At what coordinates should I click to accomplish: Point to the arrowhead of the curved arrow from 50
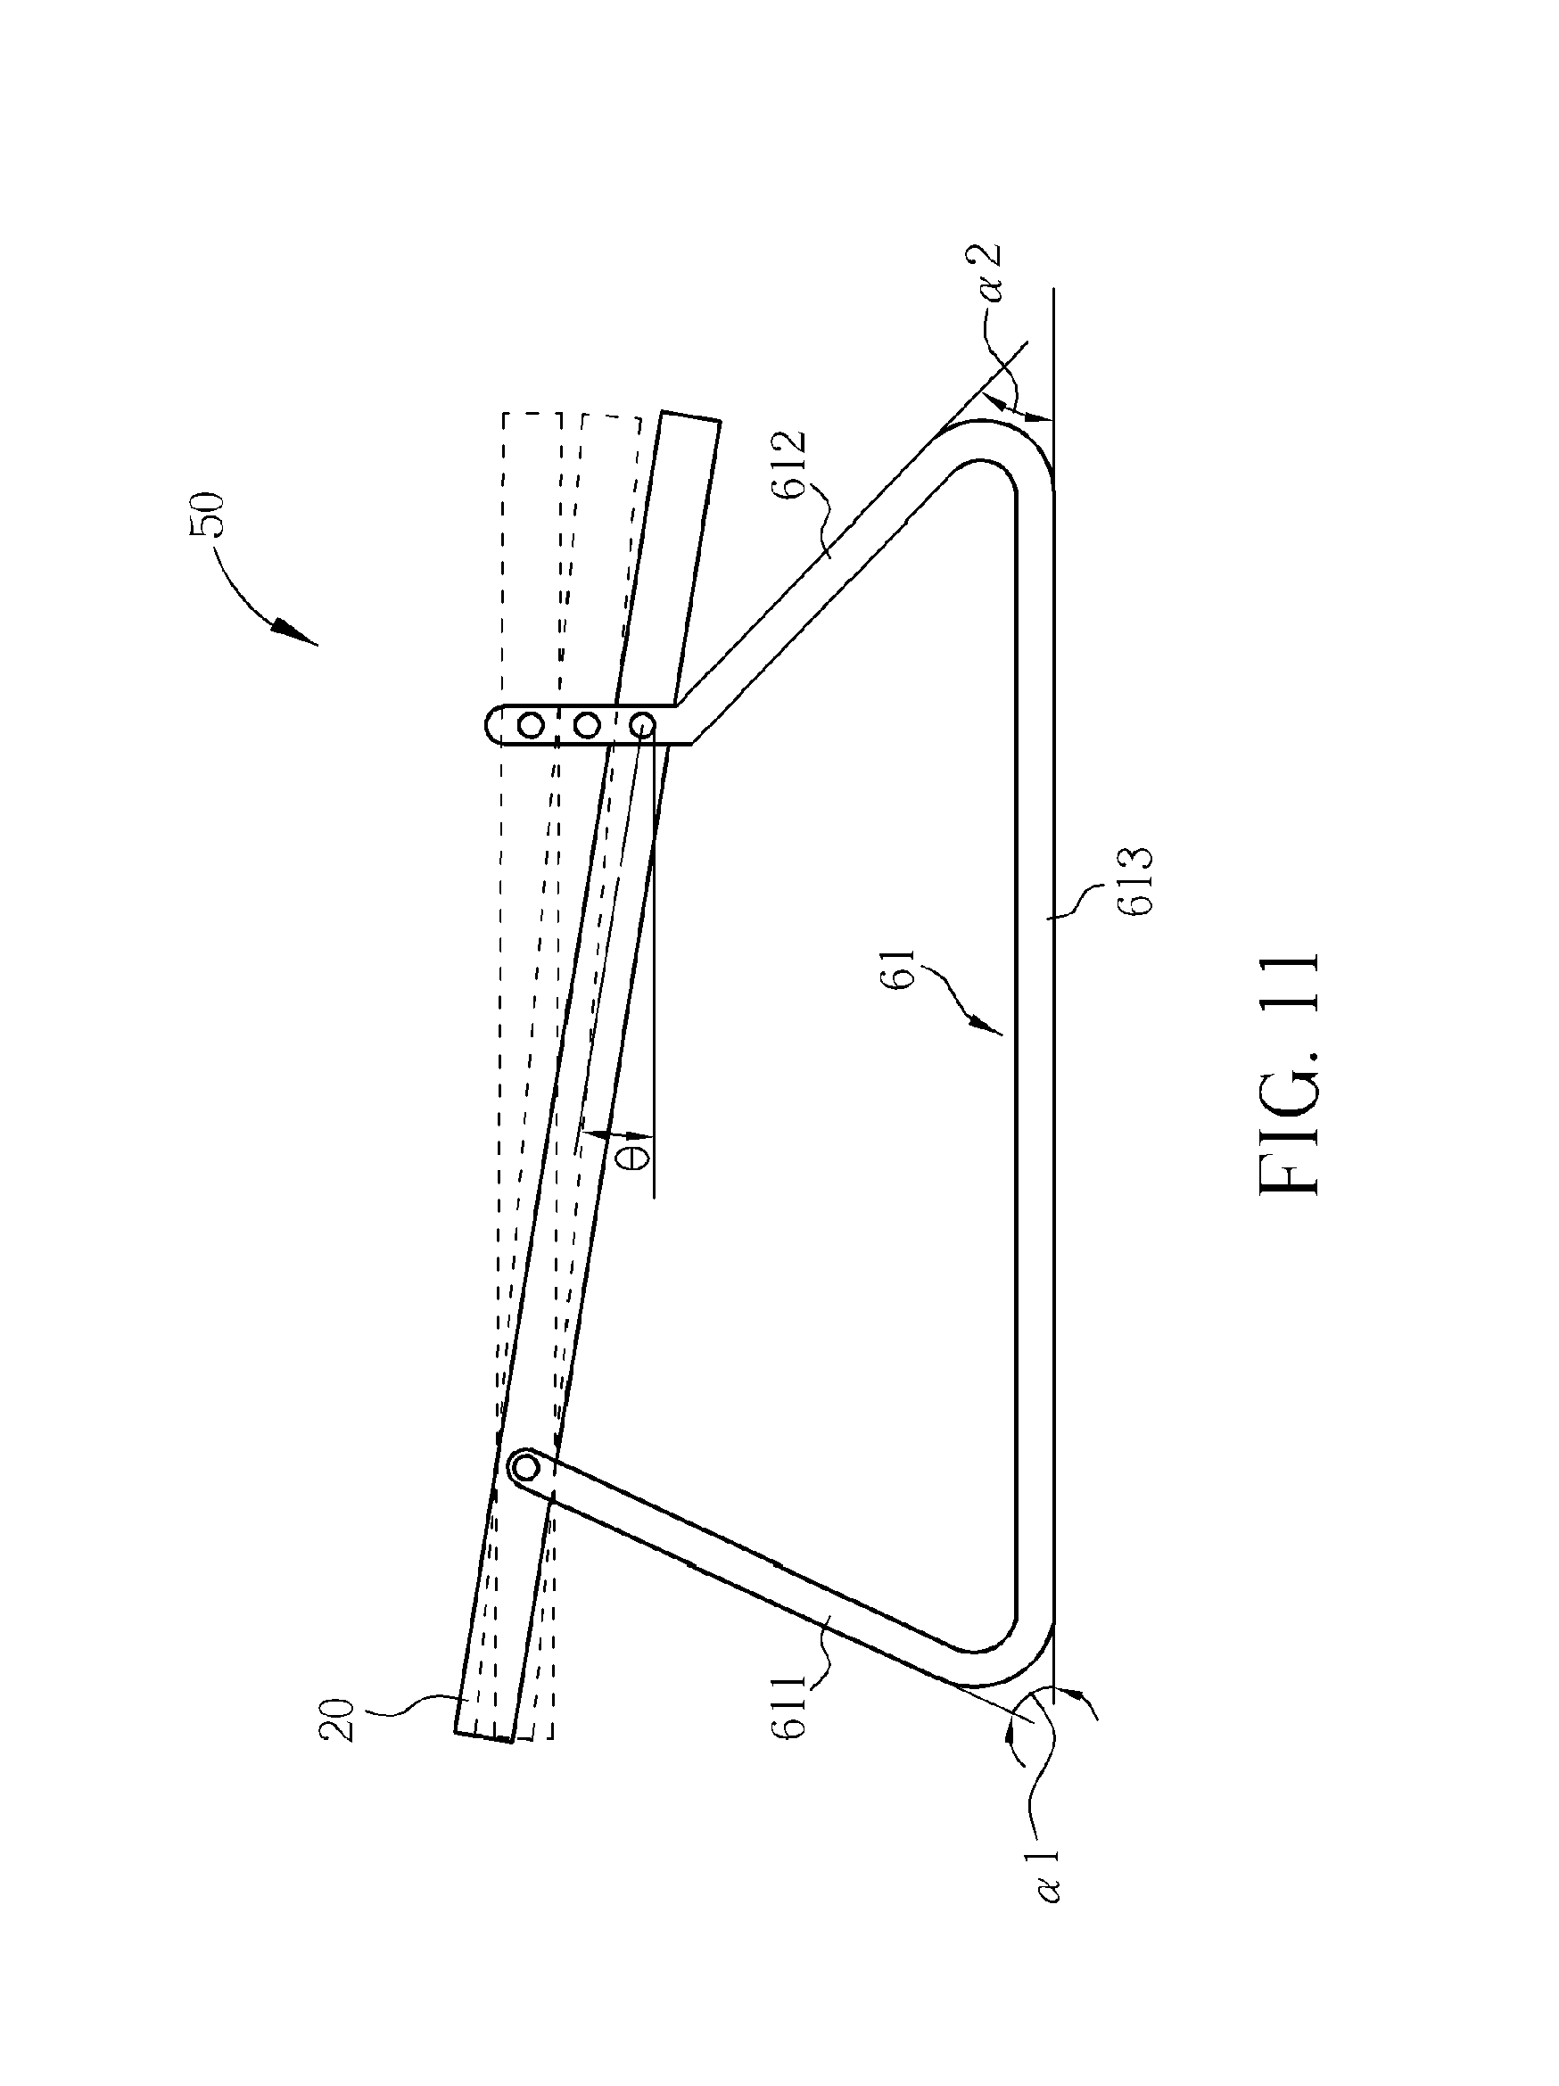click(299, 635)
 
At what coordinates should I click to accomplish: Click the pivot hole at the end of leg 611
click(524, 1467)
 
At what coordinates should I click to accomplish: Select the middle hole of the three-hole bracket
click(587, 725)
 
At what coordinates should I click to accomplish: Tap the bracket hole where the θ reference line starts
click(642, 725)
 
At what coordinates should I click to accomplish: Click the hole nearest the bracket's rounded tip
click(531, 725)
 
